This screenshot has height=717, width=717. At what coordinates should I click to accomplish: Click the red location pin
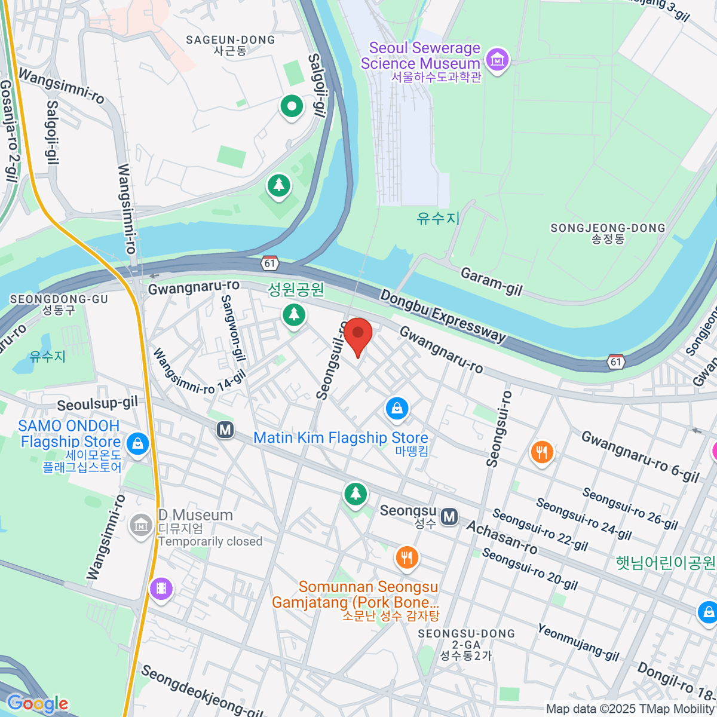coord(358,335)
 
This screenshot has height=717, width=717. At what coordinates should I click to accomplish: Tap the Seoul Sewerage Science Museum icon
coord(497,59)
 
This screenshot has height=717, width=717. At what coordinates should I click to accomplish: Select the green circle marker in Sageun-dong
coord(292,107)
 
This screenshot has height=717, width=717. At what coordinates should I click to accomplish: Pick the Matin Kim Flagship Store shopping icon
coord(397,409)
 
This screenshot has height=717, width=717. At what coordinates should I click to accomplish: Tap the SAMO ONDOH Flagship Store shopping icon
coord(138,443)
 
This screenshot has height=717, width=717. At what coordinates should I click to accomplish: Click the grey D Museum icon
coord(141,525)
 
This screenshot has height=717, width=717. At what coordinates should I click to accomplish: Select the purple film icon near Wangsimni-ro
coord(161,589)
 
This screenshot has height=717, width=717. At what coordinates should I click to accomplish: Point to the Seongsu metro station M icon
coord(449,517)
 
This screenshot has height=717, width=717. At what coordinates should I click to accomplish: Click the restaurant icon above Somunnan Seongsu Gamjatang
coord(406,558)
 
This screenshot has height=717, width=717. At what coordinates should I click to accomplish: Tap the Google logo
coord(37,704)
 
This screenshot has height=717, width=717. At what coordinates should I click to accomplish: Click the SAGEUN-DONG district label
coord(230,40)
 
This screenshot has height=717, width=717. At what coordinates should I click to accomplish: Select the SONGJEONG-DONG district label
coord(607,228)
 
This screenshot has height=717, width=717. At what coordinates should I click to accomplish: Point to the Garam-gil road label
coord(491,281)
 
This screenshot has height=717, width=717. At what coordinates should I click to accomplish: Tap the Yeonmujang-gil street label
coord(578,642)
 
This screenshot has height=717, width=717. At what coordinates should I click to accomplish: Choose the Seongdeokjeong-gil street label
coord(202,692)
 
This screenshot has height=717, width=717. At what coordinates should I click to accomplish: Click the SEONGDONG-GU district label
coord(59,299)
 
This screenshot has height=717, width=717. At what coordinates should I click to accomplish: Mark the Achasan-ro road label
coord(501,537)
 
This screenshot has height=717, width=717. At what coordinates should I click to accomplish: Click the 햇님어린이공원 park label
coord(665,563)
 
